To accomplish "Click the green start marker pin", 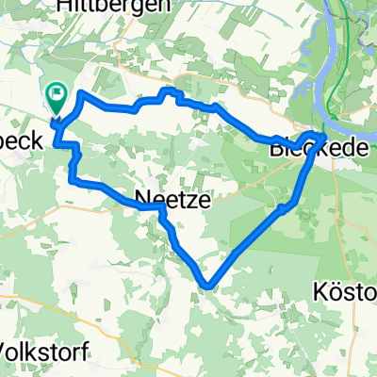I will point(56,97).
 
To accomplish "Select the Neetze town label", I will point(171,199).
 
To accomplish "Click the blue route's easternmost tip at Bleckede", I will point(325,136).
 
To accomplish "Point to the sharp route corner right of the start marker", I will point(82,94).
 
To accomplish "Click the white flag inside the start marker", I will point(56,92).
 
